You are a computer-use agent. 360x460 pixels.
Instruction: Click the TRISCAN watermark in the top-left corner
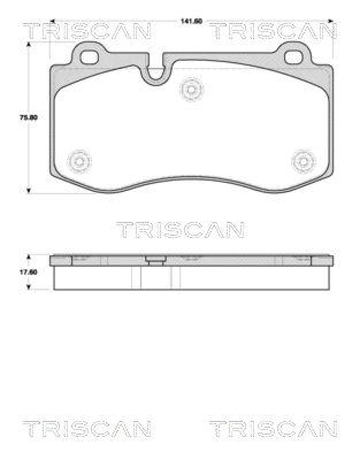tap(87, 31)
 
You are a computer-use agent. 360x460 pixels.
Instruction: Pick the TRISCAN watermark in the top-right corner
tap(273, 31)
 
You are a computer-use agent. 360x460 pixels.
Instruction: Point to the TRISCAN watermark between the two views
tap(181, 229)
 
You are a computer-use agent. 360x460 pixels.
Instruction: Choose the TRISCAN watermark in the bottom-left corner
tap(87, 428)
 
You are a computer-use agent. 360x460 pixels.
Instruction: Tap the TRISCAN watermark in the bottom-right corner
tap(273, 428)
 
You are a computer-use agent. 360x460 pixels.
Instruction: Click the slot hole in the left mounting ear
tap(90, 57)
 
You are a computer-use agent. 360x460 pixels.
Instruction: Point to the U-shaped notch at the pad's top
tap(155, 72)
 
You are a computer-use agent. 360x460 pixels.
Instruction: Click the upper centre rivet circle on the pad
tap(191, 89)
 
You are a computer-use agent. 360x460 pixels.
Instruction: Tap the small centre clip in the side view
tap(154, 261)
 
